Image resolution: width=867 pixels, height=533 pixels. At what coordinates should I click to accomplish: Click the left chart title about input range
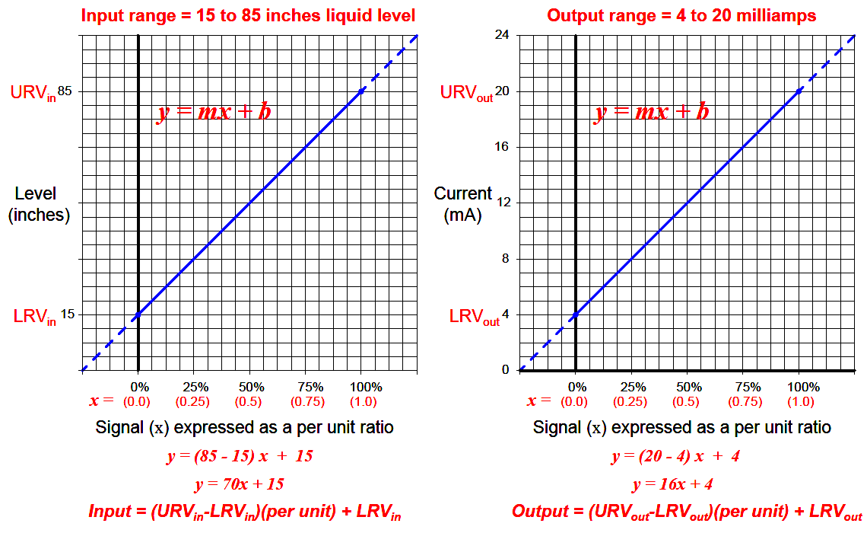point(247,15)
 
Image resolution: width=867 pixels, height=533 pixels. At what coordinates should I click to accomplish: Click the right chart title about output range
point(681,15)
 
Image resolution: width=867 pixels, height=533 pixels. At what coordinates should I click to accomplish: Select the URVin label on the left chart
point(33,93)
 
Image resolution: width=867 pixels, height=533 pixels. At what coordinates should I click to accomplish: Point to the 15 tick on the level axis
point(67,314)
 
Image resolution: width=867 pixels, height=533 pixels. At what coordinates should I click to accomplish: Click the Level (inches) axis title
point(39,205)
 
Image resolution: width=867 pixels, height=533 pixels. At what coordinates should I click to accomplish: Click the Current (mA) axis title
point(463,205)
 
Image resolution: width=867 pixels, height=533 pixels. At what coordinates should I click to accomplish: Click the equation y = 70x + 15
point(240,484)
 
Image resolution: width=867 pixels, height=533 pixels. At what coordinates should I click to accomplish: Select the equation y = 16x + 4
point(672,484)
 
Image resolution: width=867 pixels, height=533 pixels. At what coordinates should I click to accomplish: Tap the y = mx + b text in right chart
point(651,113)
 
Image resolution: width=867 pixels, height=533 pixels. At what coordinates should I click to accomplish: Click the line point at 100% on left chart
point(361,91)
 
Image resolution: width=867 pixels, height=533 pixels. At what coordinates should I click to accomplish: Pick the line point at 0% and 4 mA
point(576,314)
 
